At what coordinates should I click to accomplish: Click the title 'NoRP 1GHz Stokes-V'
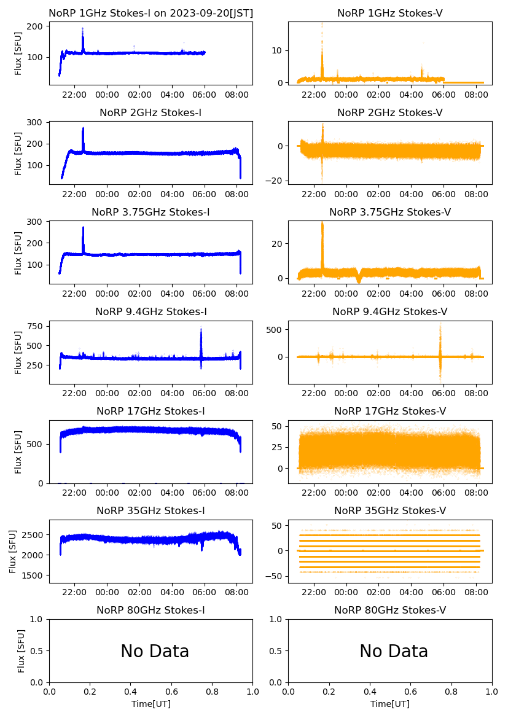coord(390,13)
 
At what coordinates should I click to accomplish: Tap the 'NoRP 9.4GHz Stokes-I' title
coord(150,311)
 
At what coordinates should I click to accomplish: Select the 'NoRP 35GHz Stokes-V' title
coord(390,510)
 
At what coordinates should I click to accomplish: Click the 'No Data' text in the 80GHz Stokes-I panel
coord(155,651)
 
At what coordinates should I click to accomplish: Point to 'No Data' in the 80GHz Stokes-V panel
coord(394,651)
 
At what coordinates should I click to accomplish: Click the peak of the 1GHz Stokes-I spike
coord(82,29)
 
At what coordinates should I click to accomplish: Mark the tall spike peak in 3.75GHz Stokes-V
coord(322,223)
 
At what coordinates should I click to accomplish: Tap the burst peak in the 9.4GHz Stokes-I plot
coord(201,329)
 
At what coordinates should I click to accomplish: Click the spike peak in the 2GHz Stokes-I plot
coord(83,129)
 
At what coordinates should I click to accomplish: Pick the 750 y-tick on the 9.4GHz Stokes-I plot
coord(36,326)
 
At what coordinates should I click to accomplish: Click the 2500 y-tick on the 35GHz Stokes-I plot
coord(33,535)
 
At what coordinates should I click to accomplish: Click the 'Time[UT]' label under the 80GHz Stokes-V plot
coord(390,704)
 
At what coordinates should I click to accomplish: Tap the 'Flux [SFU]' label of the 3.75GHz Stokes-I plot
coord(18,253)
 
